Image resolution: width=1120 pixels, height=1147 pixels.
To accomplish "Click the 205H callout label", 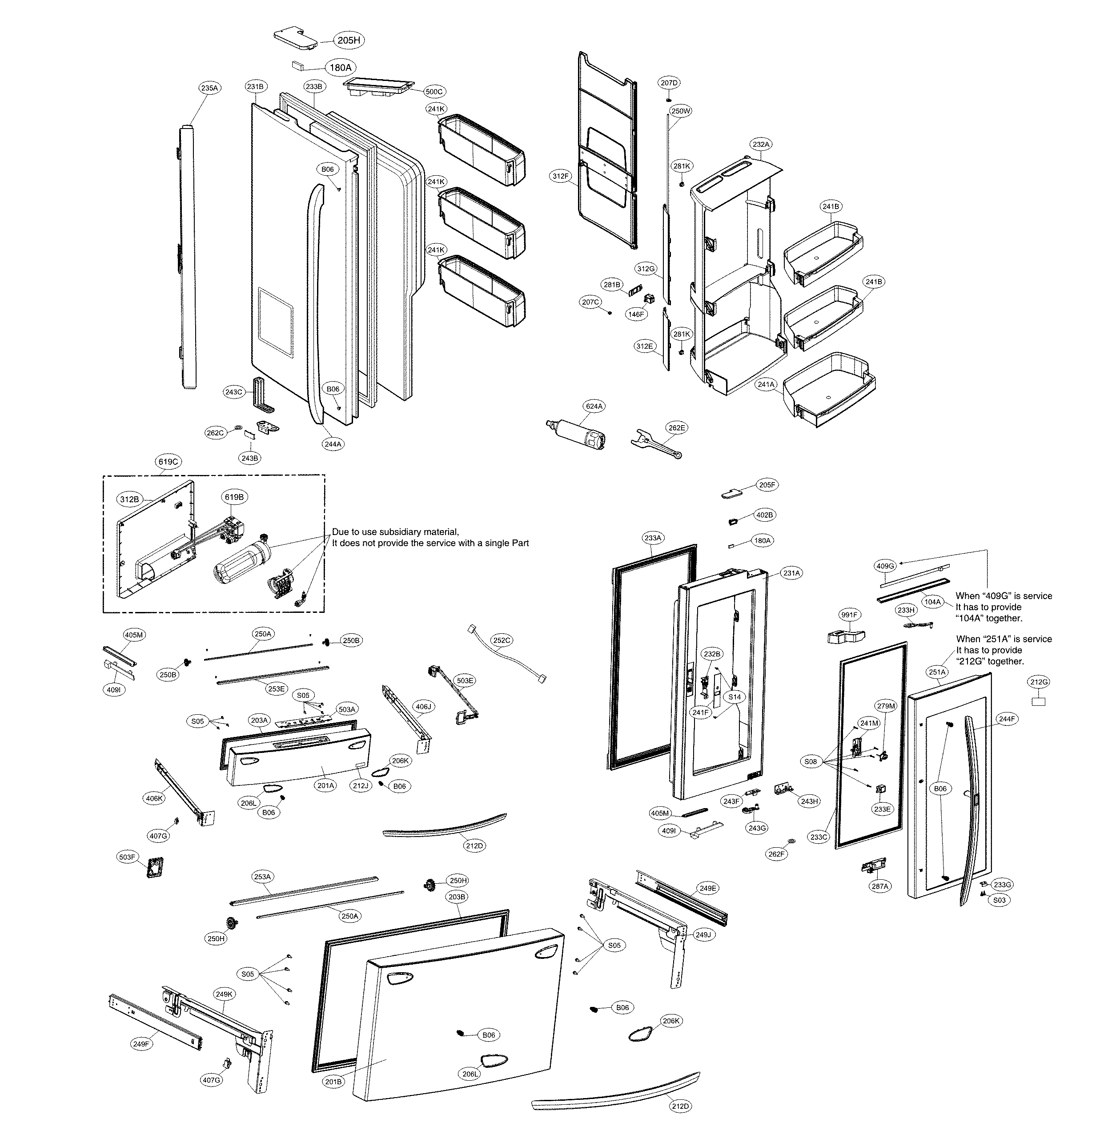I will tap(348, 40).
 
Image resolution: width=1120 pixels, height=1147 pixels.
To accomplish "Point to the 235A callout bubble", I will tap(209, 88).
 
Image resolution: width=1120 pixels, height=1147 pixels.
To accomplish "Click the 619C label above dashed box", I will tap(168, 462).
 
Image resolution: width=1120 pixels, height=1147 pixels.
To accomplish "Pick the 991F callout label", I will tap(849, 615).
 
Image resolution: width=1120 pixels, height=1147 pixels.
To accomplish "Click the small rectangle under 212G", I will tap(1038, 702).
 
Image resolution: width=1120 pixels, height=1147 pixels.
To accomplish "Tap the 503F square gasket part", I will tap(154, 867).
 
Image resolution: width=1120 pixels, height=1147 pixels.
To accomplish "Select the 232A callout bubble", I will tap(761, 144).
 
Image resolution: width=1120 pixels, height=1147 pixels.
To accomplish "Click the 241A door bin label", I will tap(766, 385).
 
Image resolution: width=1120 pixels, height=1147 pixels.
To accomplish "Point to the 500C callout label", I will tap(434, 92).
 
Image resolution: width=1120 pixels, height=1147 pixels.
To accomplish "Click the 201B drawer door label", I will tap(333, 1082).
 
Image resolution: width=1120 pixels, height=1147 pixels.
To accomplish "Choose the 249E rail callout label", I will tap(708, 888).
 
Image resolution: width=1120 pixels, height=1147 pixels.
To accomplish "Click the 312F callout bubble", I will tap(561, 176).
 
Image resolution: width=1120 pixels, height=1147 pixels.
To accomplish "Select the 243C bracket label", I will tap(233, 392).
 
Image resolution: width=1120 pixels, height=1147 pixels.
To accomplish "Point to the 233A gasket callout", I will tap(653, 538).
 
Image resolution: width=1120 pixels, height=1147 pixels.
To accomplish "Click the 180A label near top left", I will tap(340, 68).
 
